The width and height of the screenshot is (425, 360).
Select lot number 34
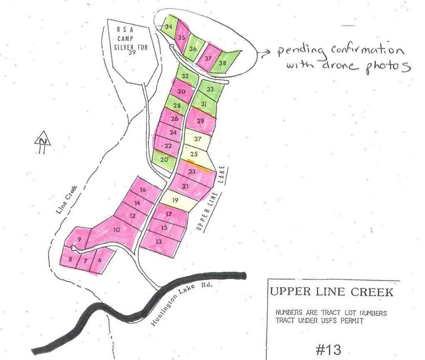(x=169, y=27)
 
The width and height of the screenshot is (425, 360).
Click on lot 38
(x=223, y=63)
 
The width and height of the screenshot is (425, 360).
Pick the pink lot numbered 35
(x=182, y=37)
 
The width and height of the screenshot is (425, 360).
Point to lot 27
(x=198, y=139)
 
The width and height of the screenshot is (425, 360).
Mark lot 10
(x=116, y=230)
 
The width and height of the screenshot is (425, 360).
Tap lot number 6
(x=100, y=261)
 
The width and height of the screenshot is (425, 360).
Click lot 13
(x=159, y=241)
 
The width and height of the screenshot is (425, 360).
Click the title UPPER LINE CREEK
(x=331, y=292)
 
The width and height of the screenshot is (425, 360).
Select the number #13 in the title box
(x=328, y=350)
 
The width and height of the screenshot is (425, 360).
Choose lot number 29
(x=201, y=121)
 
